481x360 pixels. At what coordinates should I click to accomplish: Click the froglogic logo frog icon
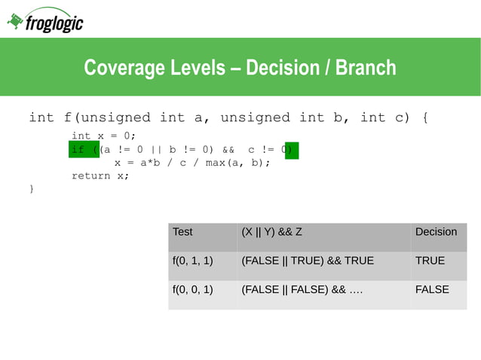pyautogui.click(x=15, y=22)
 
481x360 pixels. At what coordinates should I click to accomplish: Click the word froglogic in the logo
pyautogui.click(x=54, y=24)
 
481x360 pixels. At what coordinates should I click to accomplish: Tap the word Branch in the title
pyautogui.click(x=366, y=68)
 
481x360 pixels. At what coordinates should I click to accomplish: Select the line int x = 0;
pyautogui.click(x=103, y=136)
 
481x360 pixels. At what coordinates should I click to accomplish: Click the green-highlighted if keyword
pyautogui.click(x=78, y=150)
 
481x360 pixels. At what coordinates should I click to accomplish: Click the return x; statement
pyautogui.click(x=100, y=175)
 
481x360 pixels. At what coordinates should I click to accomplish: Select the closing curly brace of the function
pyautogui.click(x=31, y=188)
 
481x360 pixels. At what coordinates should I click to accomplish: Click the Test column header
pyautogui.click(x=182, y=232)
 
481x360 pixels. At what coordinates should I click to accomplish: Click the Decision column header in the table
pyautogui.click(x=436, y=232)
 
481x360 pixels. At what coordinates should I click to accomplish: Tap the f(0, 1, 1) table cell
pyautogui.click(x=193, y=261)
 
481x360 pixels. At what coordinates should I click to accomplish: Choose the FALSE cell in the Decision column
pyautogui.click(x=432, y=289)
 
